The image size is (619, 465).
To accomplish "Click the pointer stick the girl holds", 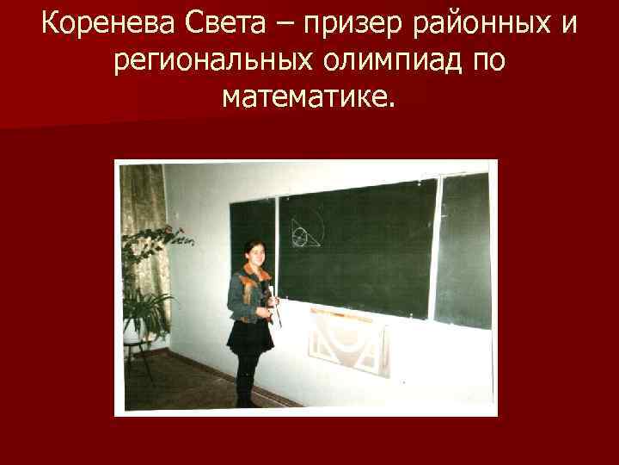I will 274,310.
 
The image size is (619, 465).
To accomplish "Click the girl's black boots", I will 246,387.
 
